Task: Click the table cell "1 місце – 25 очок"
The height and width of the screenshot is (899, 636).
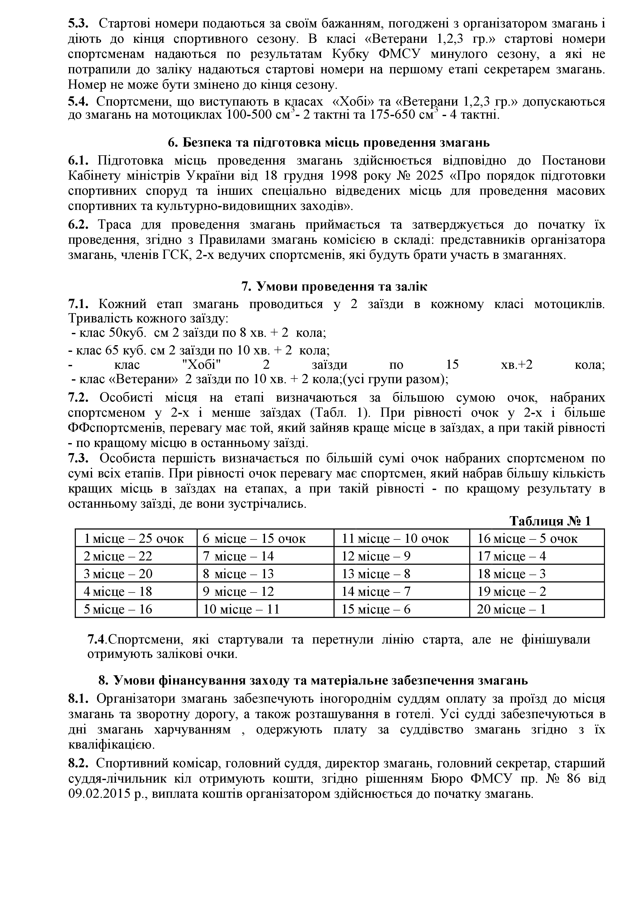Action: point(134,539)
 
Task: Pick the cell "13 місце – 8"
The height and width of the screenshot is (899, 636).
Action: point(376,574)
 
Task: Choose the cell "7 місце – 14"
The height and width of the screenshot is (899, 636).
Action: point(238,556)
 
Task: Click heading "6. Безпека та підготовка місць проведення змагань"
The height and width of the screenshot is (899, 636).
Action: point(328,142)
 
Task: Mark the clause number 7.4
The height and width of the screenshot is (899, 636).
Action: point(96,639)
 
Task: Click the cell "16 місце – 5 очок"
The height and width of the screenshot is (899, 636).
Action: point(527,539)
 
